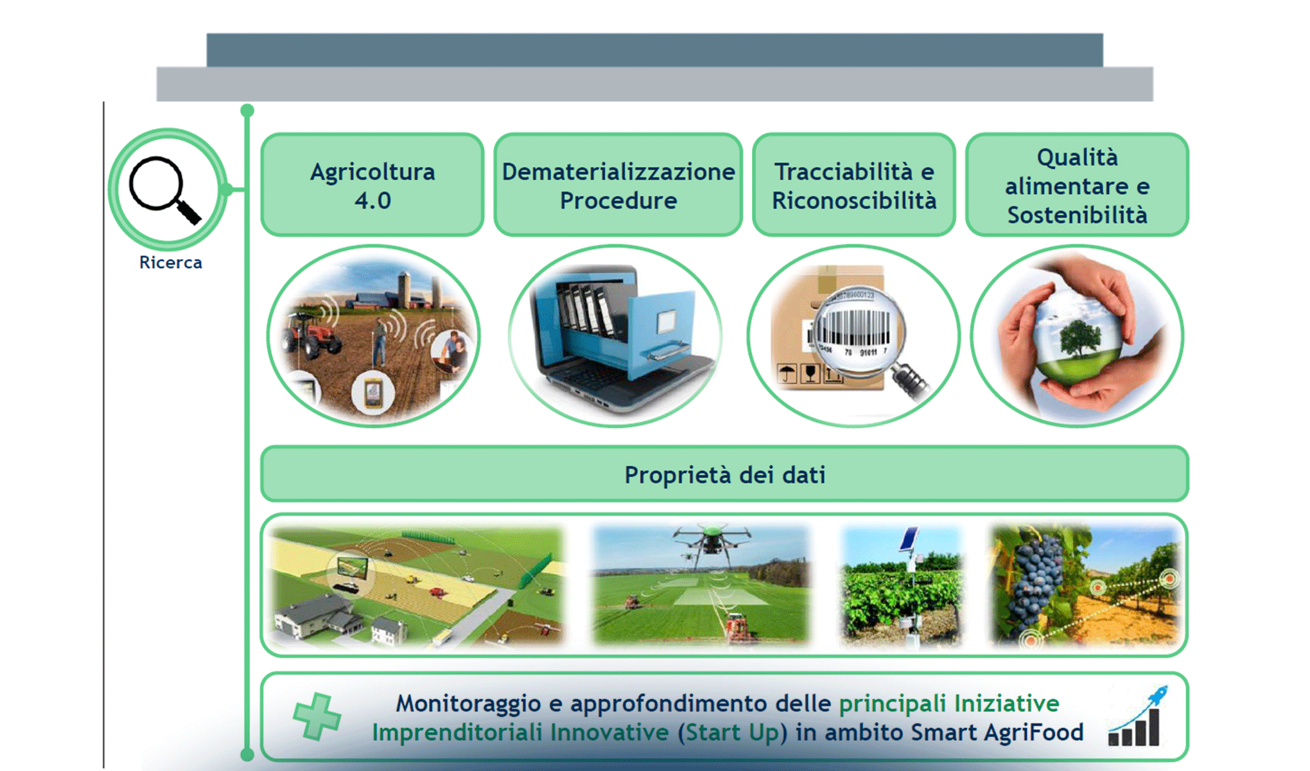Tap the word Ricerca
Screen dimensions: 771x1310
[x=170, y=263]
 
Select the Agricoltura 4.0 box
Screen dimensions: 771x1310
[x=372, y=185]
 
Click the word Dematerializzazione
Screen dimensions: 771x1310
[x=618, y=172]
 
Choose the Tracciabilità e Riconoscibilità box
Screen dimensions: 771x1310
[x=853, y=185]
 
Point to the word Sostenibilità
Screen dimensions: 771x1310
[x=1077, y=215]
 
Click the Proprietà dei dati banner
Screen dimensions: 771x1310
[x=724, y=475]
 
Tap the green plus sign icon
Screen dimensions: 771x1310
[x=317, y=716]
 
